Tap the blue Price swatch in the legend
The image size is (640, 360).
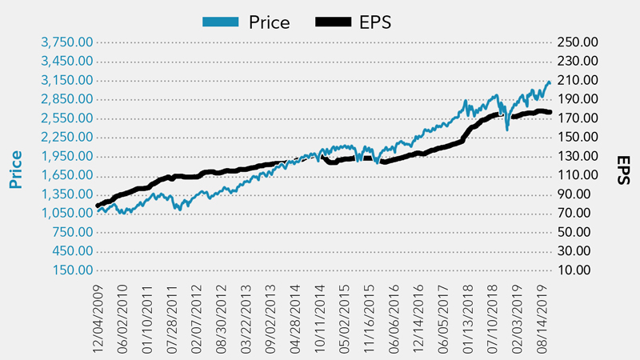tap(217, 22)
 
